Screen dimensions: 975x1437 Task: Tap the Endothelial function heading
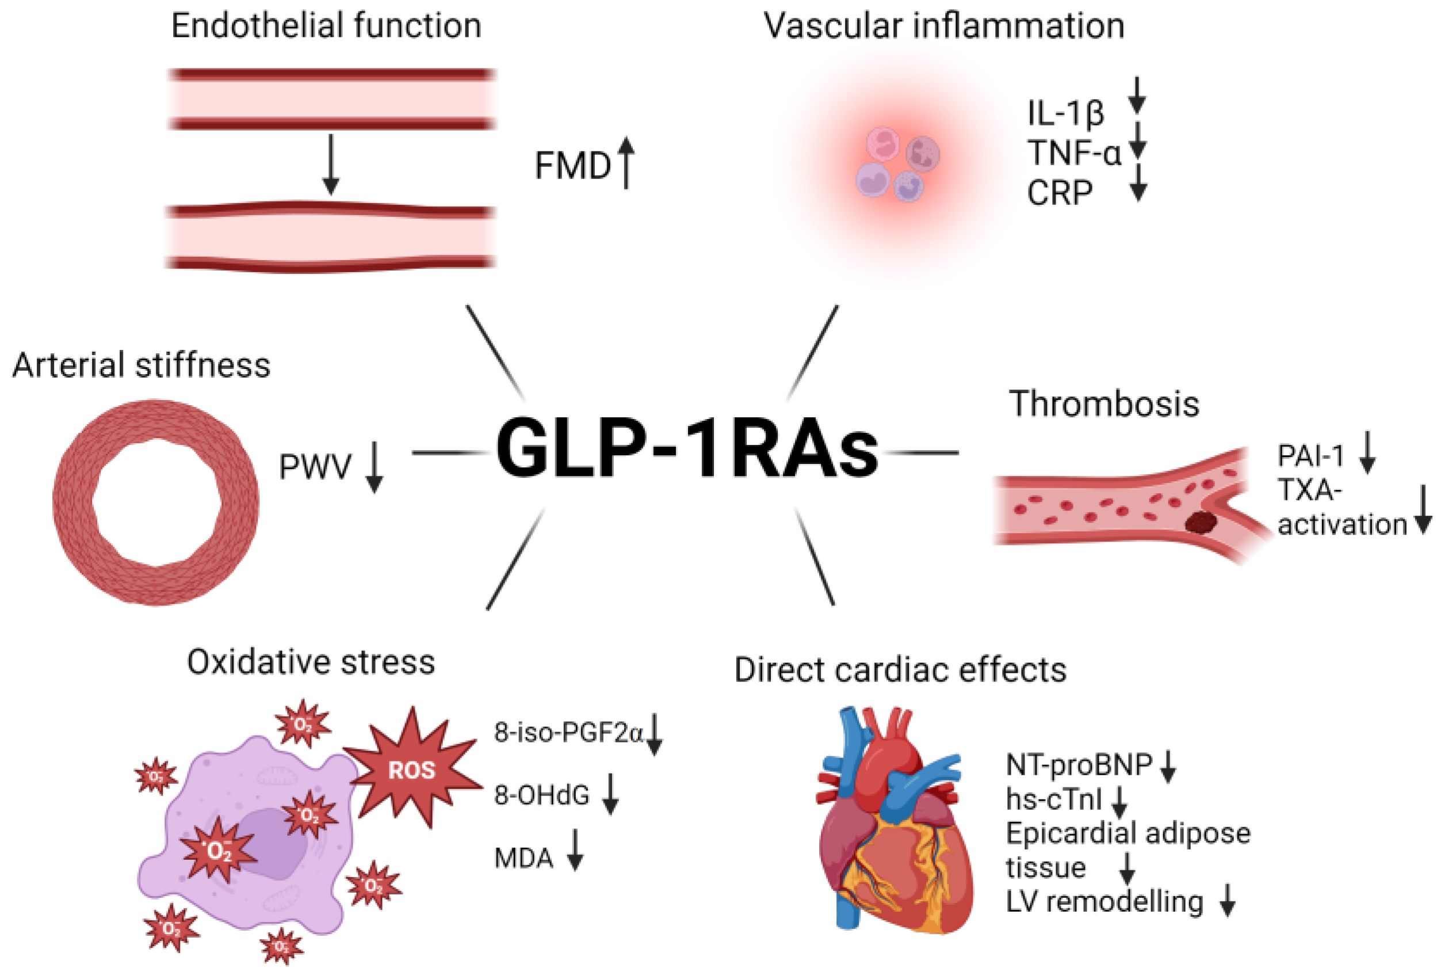326,26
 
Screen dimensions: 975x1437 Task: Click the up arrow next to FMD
626,162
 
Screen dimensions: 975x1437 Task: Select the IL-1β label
1065,113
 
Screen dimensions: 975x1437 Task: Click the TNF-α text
1074,153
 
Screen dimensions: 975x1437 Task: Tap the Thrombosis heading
1104,403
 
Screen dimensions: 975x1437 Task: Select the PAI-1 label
1311,456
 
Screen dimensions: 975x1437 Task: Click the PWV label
315,467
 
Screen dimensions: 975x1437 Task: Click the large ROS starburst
412,770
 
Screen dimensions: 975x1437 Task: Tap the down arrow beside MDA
575,850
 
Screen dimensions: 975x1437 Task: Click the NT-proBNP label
1079,765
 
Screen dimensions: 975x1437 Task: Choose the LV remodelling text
1104,901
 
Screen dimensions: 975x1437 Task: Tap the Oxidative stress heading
311,662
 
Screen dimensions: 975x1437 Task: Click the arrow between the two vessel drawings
331,164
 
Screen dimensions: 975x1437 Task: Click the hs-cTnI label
1054,799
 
